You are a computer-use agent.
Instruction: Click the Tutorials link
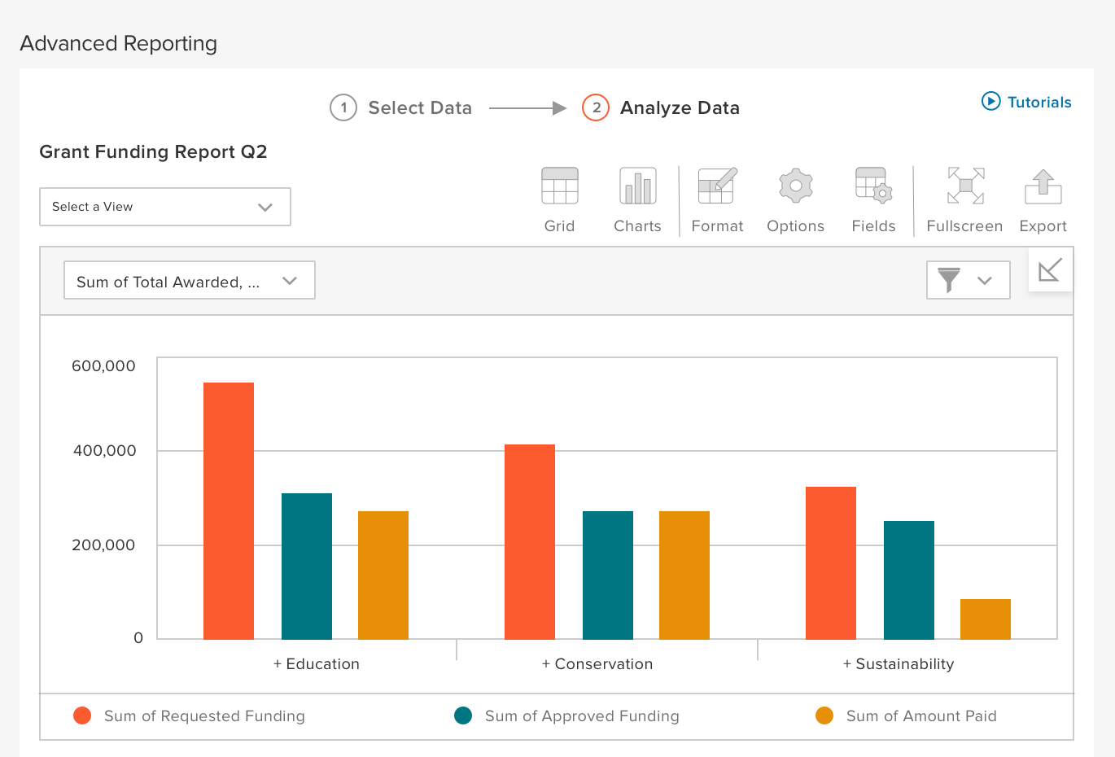1026,102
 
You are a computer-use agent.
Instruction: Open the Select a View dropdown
164,207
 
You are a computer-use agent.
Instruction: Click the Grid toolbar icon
560,186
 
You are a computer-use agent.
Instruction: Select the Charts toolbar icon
637,186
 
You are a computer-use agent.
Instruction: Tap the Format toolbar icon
717,186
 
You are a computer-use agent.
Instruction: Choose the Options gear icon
795,186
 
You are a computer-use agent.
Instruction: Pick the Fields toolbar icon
873,186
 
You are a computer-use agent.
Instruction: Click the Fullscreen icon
965,186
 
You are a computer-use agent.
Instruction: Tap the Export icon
1043,186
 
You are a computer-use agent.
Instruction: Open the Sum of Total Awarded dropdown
189,280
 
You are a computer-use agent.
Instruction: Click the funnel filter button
968,280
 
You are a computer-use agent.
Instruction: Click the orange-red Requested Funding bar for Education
229,510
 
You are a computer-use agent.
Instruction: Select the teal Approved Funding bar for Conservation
608,575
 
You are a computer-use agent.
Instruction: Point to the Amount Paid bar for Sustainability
986,619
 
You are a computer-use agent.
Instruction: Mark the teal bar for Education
307,566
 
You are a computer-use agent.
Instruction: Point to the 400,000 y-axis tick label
104,451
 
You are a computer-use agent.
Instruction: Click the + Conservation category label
597,664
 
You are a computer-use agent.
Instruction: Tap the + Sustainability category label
899,664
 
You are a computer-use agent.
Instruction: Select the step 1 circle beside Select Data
343,107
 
